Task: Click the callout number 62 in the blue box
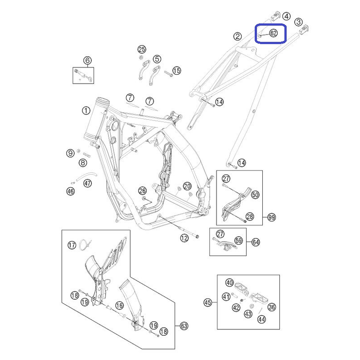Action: (x=273, y=33)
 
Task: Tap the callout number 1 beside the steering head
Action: (x=86, y=111)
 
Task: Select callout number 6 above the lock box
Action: (x=87, y=61)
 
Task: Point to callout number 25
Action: (x=142, y=49)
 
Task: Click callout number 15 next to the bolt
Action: (x=176, y=71)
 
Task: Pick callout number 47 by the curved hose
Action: (x=87, y=184)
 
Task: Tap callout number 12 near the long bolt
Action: (x=184, y=238)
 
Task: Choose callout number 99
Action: (x=272, y=217)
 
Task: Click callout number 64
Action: (x=256, y=242)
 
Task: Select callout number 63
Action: (x=184, y=326)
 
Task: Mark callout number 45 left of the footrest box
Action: (x=208, y=302)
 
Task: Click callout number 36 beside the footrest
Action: (x=272, y=307)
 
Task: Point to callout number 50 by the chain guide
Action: (x=255, y=195)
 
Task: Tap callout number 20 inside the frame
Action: (x=187, y=186)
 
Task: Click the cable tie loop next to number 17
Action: (x=85, y=244)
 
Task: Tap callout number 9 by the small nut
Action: (x=70, y=153)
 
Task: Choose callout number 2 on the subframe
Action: (x=238, y=36)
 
